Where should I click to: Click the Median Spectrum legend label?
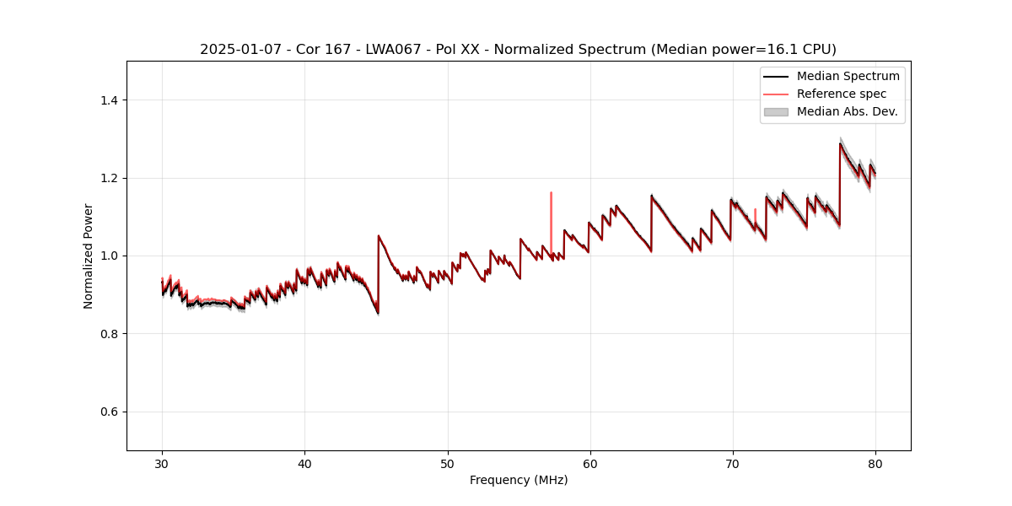pos(848,76)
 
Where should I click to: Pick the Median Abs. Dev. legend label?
pos(847,111)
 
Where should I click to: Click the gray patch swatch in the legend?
pos(776,111)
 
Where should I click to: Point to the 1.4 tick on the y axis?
pos(109,100)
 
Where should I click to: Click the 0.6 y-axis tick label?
pos(109,412)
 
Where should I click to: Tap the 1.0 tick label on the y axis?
pos(109,256)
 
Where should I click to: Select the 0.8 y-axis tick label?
pos(109,334)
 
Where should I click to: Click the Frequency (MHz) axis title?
pos(519,480)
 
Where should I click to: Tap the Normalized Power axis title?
pos(89,256)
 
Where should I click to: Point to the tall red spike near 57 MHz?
pos(551,194)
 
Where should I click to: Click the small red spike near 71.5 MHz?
pos(755,210)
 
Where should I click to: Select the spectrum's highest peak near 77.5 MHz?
pos(840,144)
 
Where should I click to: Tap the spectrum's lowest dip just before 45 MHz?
pos(378,313)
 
